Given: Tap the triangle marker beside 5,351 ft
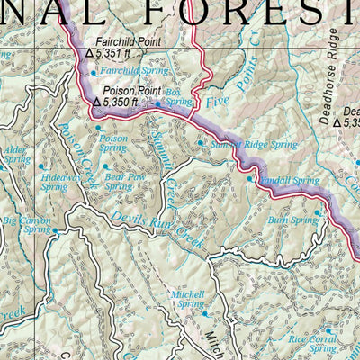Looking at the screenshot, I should tap(88, 54).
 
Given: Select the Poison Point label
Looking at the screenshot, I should tap(126, 90).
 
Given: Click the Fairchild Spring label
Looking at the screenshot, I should tap(126, 69).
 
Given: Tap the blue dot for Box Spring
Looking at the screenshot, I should tap(158, 104).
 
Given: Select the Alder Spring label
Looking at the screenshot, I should tap(15, 154).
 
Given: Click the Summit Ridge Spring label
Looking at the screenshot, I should tap(240, 143).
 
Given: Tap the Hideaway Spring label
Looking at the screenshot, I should tap(55, 183).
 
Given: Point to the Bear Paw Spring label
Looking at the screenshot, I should tap(125, 183).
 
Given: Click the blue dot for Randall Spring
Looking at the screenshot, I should tap(249, 179).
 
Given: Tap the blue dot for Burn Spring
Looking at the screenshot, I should tap(319, 213).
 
